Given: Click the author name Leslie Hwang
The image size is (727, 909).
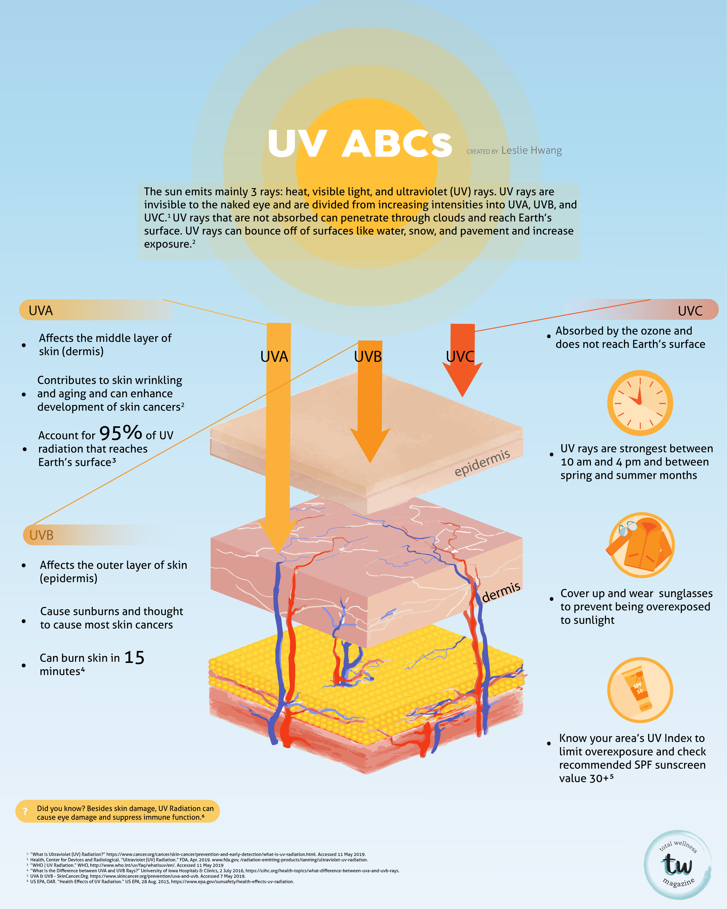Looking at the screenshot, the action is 532,150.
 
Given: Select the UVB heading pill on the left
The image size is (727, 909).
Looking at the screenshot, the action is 97,535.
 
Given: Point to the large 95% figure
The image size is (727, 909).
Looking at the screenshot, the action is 120,433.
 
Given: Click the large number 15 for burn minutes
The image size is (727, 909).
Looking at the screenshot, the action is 134,657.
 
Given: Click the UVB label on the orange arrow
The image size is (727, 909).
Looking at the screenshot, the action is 368,357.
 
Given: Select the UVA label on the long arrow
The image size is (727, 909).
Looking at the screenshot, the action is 274,357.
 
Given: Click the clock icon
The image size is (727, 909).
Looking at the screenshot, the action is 640,403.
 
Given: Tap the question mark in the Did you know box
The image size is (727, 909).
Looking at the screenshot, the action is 25,811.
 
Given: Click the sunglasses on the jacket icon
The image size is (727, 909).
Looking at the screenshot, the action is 628,528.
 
